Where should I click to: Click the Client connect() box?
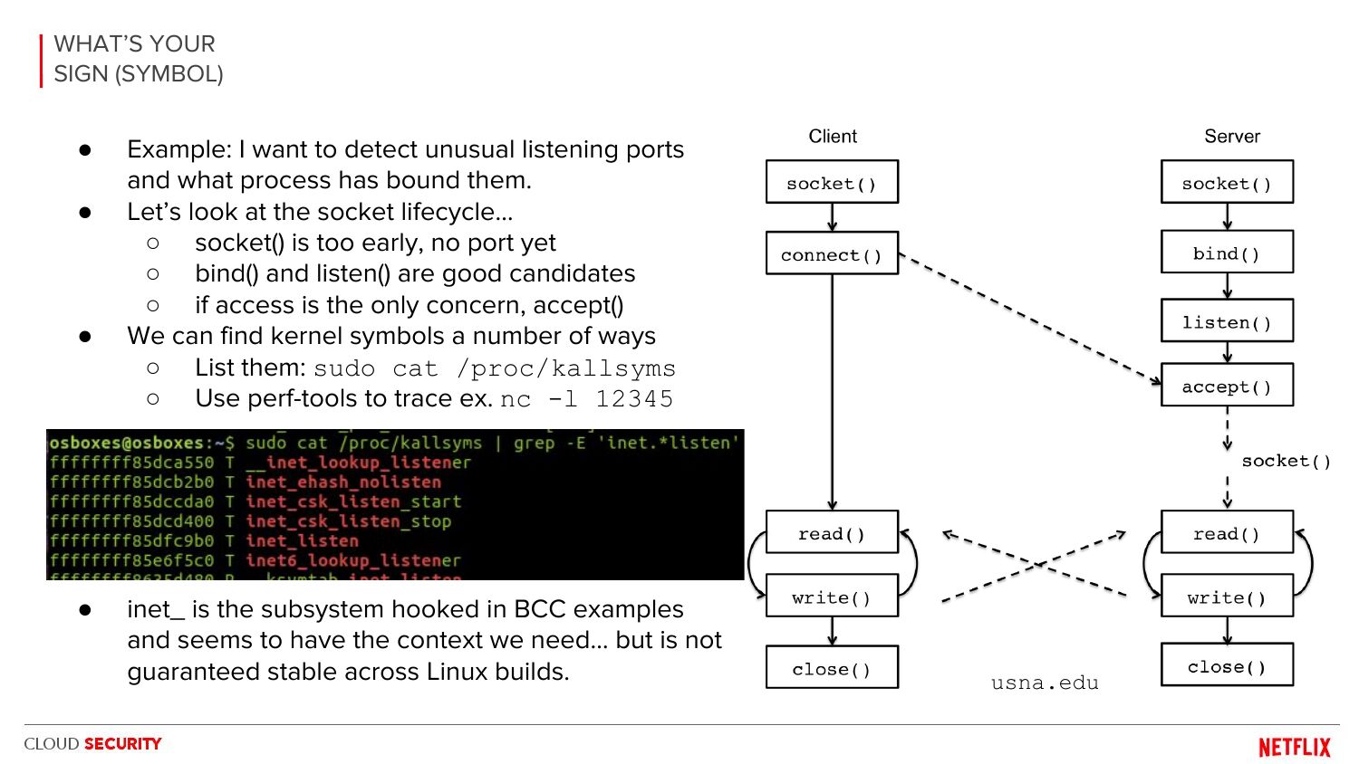(x=832, y=254)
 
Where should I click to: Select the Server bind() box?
(x=1227, y=253)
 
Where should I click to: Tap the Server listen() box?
(x=1227, y=322)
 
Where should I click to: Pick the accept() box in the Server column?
(x=1227, y=387)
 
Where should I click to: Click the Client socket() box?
(x=832, y=183)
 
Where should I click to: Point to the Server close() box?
(x=1227, y=666)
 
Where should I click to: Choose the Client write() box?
(x=832, y=597)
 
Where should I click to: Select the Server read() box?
(x=1227, y=533)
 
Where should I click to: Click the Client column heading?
(x=833, y=137)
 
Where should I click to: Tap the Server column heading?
(x=1232, y=137)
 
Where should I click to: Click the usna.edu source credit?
(x=1045, y=683)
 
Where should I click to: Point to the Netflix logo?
(x=1295, y=747)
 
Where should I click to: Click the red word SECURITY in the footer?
(x=123, y=744)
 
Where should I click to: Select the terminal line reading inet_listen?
(x=303, y=541)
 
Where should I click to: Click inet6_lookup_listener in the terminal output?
(x=352, y=560)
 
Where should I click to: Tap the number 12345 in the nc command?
(x=634, y=399)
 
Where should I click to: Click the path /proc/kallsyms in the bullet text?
(x=566, y=368)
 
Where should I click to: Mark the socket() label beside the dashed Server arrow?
(x=1286, y=461)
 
